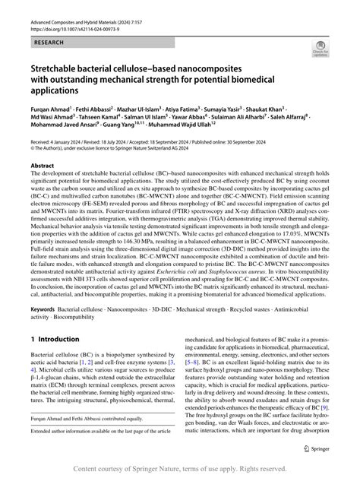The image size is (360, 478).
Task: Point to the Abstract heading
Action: point(43,186)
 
